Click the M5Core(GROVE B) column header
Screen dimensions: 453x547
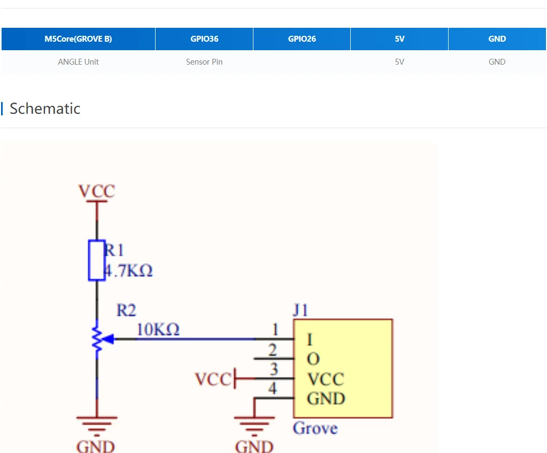[x=78, y=39]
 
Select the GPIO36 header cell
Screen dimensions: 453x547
[x=204, y=39]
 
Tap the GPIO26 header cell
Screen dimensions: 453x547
[x=302, y=39]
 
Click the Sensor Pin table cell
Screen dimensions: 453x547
[x=204, y=62]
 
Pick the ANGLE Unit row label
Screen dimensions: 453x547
[x=78, y=62]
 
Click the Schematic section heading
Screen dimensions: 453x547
[x=45, y=108]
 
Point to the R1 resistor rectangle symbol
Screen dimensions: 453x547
[x=97, y=260]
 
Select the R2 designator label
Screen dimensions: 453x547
[x=126, y=310]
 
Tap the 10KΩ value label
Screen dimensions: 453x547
[x=158, y=330]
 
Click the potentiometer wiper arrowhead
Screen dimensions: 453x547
[x=106, y=339]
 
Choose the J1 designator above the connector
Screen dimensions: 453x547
[x=301, y=310]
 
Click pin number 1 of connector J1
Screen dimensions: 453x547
[x=275, y=330]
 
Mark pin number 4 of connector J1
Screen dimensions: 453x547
[x=273, y=388]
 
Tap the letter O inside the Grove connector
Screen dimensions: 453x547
[x=313, y=359]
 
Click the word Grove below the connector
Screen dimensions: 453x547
[x=315, y=428]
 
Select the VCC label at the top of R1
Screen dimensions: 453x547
[x=97, y=191]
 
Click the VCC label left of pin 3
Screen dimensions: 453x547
[x=213, y=379]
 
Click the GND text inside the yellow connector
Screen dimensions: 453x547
[x=326, y=399]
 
